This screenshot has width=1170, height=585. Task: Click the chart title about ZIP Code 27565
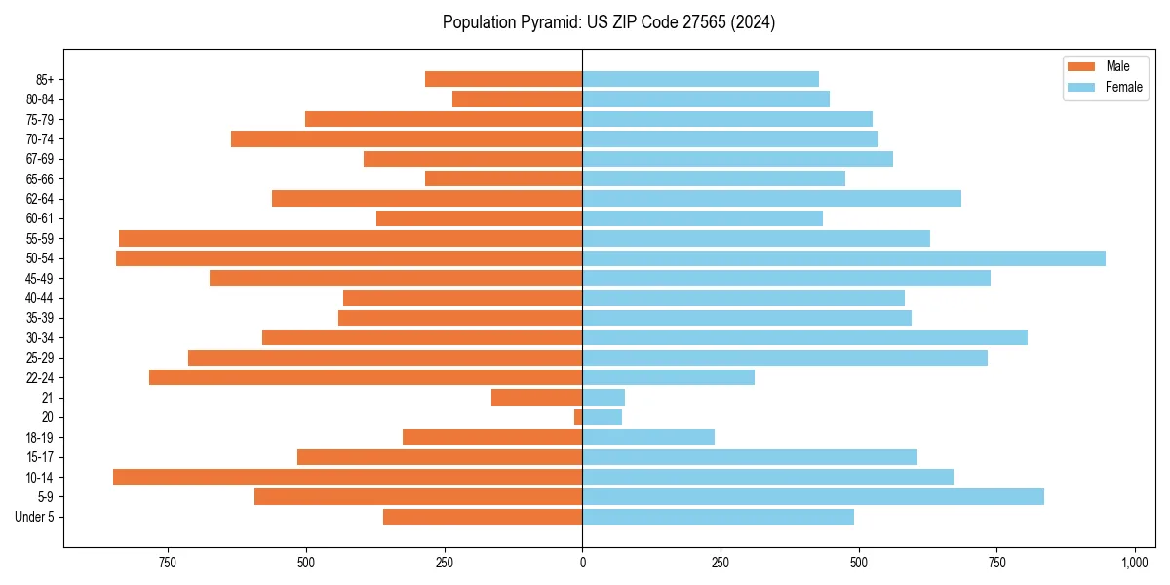(608, 22)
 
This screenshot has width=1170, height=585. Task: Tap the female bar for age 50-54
(843, 258)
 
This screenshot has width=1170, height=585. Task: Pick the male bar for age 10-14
(347, 477)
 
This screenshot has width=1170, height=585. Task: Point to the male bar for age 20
(578, 417)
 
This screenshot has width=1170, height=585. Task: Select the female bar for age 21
(604, 398)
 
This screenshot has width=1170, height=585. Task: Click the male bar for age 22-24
(366, 377)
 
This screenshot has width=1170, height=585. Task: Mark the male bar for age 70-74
(407, 138)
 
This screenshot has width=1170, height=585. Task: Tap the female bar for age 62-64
(771, 199)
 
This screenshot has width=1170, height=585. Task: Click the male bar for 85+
(503, 79)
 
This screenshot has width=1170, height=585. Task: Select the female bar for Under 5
(718, 517)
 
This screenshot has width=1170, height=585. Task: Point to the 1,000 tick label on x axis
(1135, 563)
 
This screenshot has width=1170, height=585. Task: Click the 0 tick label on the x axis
(582, 563)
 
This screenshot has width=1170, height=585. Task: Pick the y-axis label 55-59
(40, 239)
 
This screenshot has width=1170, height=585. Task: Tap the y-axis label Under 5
(35, 517)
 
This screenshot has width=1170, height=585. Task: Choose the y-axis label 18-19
(40, 438)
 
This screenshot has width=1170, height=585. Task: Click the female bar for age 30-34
(804, 337)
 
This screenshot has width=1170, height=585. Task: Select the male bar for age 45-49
(396, 278)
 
